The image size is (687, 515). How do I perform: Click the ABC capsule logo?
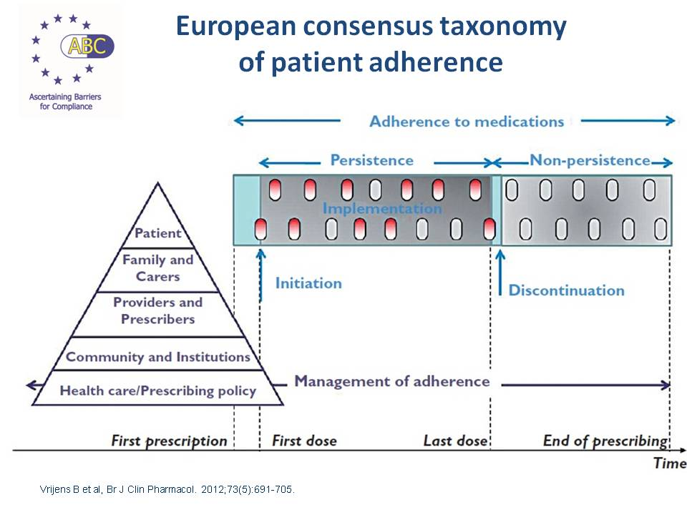(87, 46)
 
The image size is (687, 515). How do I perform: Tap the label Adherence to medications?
(467, 121)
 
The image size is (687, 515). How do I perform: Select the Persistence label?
(371, 160)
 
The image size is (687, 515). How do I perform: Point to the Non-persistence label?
(590, 160)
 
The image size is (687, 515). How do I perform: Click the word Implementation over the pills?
(381, 209)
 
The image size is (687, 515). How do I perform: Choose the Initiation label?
(308, 283)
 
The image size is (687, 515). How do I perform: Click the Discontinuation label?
(566, 290)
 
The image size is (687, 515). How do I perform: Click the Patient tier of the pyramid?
(158, 232)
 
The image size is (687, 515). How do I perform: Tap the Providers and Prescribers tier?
(157, 310)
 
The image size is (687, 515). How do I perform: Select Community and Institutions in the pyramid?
(157, 356)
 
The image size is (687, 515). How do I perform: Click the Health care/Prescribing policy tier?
(157, 391)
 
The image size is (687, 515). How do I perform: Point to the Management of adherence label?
(391, 381)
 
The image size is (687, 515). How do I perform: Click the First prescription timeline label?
(169, 441)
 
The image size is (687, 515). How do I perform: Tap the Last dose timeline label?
(455, 441)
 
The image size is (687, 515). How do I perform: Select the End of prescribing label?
(605, 441)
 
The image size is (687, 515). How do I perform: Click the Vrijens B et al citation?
(165, 490)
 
